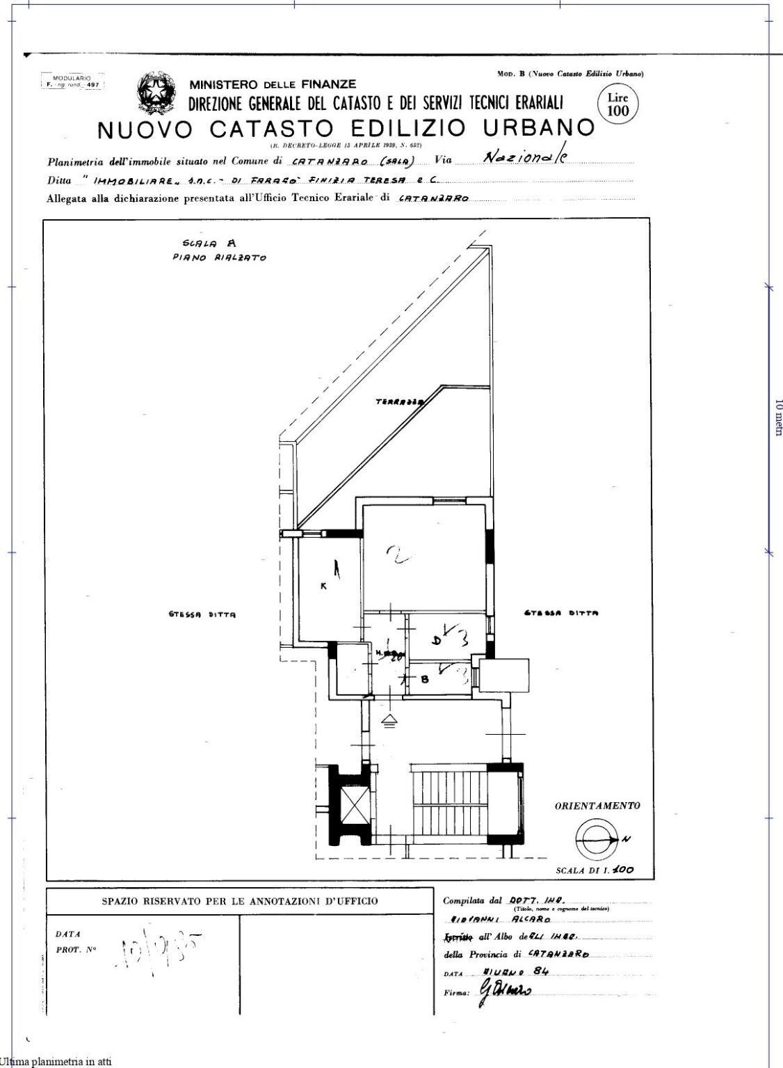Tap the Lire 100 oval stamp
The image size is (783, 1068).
tap(617, 104)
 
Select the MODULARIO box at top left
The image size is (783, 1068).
tap(72, 81)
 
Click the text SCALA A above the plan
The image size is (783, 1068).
tap(209, 243)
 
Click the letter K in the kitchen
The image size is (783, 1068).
tap(323, 586)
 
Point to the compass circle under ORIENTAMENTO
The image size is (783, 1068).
tap(595, 840)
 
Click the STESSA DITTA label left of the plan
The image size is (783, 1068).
tap(202, 614)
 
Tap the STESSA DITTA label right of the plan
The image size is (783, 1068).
tap(560, 613)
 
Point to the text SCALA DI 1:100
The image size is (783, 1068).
tap(595, 870)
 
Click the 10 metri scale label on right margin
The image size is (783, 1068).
tap(778, 417)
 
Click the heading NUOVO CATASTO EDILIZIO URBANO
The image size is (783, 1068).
tap(346, 129)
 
